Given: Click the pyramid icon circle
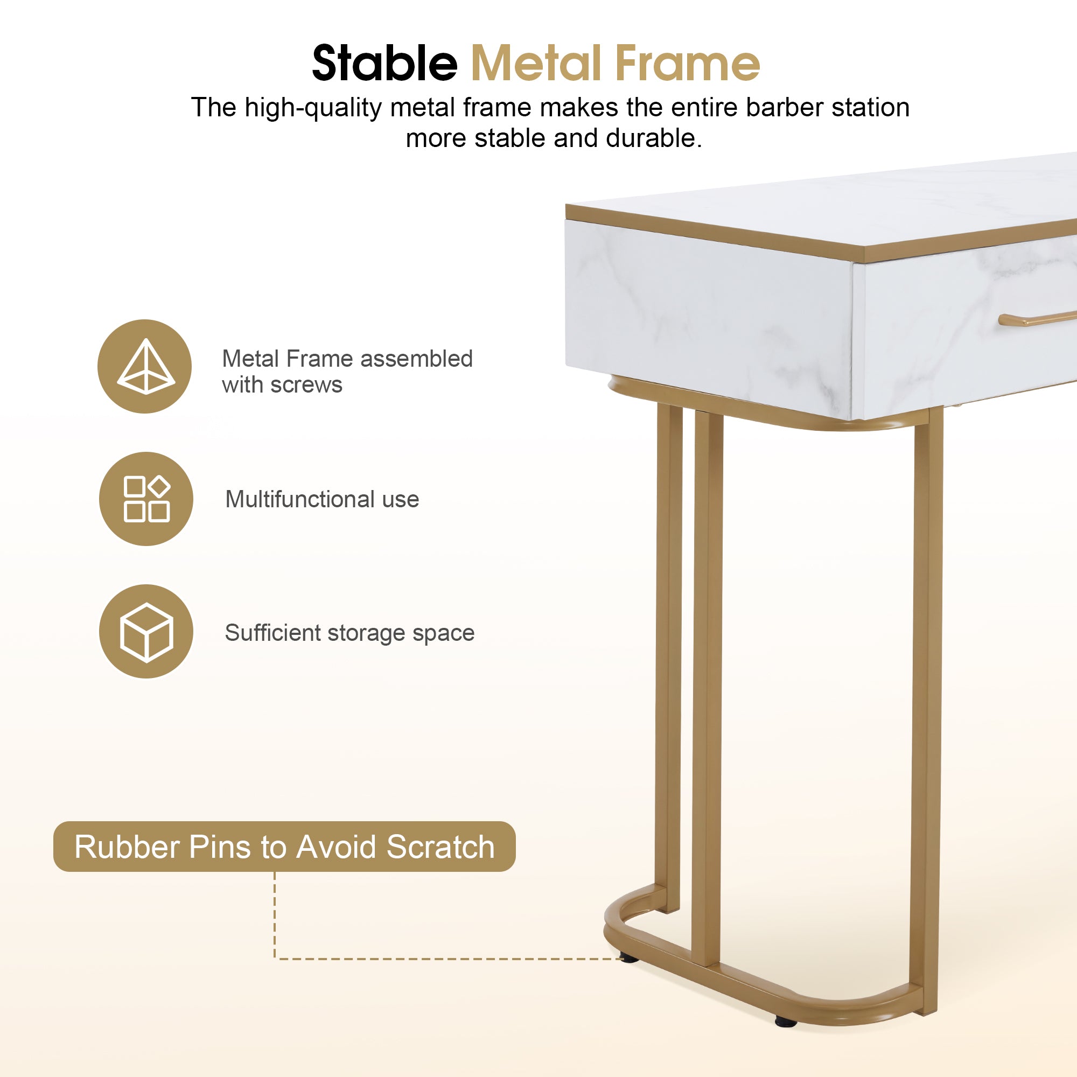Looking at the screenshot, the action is pos(145,366).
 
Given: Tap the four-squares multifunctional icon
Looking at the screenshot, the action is pos(146,499).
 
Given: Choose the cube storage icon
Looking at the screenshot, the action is pos(146,632).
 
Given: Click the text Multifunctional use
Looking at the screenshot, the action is pos(322,500).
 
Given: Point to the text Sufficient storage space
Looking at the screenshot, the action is pos(349,633).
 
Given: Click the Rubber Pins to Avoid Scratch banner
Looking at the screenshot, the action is pos(284,847).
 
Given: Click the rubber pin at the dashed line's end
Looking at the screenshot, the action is pos(629,959).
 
